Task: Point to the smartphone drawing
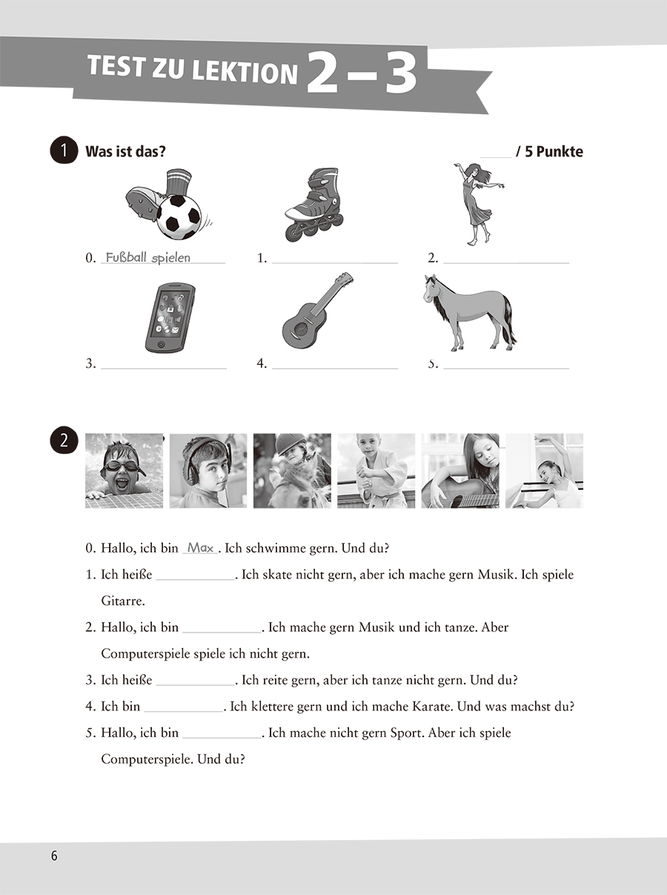point(170,317)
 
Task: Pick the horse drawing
point(468,311)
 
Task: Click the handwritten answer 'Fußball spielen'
point(148,258)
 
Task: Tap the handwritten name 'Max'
point(200,548)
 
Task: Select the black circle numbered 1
point(63,151)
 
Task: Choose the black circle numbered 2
point(63,440)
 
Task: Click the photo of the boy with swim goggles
point(124,471)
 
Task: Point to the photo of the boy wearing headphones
point(208,471)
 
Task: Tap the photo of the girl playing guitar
point(460,471)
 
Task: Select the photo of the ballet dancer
point(544,471)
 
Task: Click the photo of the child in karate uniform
point(376,471)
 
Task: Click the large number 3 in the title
point(401,73)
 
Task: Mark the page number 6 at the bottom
point(54,856)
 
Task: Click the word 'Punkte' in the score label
point(559,152)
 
